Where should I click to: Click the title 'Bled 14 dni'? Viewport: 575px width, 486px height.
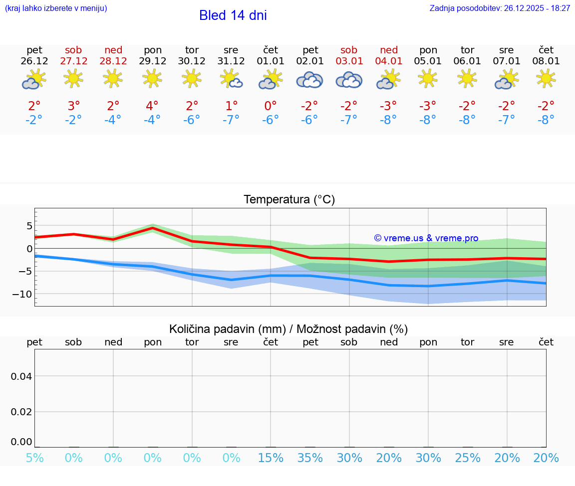coord(233,15)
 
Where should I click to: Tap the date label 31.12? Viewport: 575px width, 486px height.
coord(231,61)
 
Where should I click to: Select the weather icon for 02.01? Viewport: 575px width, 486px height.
coord(309,80)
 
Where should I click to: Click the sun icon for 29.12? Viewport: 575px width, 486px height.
coord(152,78)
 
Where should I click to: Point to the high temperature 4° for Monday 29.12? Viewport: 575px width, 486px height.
coord(152,106)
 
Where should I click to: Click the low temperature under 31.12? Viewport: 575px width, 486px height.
coord(231,120)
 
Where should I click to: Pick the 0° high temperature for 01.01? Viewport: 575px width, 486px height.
coord(271,106)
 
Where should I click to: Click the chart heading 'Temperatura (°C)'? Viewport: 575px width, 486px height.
coord(289,199)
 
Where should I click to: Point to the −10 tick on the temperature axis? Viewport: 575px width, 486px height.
coord(23,294)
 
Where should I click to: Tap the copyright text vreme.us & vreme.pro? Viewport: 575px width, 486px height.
coord(426,238)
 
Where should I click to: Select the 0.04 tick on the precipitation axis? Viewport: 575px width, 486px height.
coord(21,376)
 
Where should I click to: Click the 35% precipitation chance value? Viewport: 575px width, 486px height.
coord(310,458)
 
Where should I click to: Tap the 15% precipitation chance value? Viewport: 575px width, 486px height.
coord(271,458)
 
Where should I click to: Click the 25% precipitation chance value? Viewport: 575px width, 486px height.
coord(468,458)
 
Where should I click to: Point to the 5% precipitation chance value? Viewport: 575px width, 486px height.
coord(34,458)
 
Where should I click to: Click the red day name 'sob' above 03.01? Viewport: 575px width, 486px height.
coord(349,50)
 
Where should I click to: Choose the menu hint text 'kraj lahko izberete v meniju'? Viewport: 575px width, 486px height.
coord(56,8)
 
